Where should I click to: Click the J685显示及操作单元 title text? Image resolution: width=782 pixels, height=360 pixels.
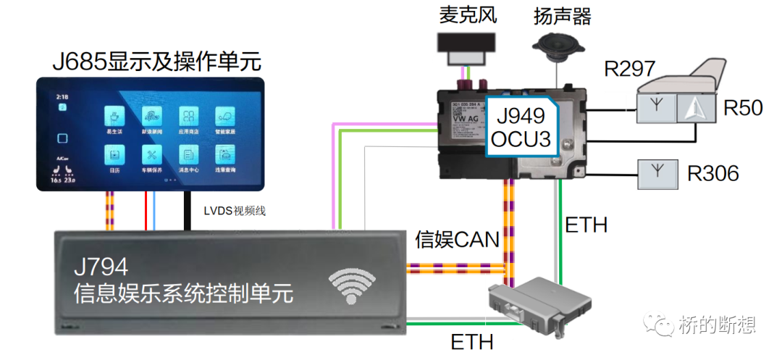click(x=156, y=61)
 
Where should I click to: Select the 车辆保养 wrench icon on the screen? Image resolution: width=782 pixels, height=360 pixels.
click(x=152, y=154)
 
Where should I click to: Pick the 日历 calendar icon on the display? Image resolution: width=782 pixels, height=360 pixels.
click(x=114, y=154)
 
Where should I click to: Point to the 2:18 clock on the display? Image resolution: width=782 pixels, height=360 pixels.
click(x=62, y=96)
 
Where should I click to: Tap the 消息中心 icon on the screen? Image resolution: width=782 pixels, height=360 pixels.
click(x=189, y=154)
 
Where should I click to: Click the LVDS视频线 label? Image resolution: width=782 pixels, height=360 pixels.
click(x=235, y=211)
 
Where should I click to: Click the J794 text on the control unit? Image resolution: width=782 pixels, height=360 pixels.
click(x=101, y=267)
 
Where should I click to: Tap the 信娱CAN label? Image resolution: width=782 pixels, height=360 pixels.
click(x=458, y=240)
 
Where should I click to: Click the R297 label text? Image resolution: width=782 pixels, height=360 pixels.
click(x=629, y=69)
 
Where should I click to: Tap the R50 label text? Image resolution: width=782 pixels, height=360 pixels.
click(x=743, y=108)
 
